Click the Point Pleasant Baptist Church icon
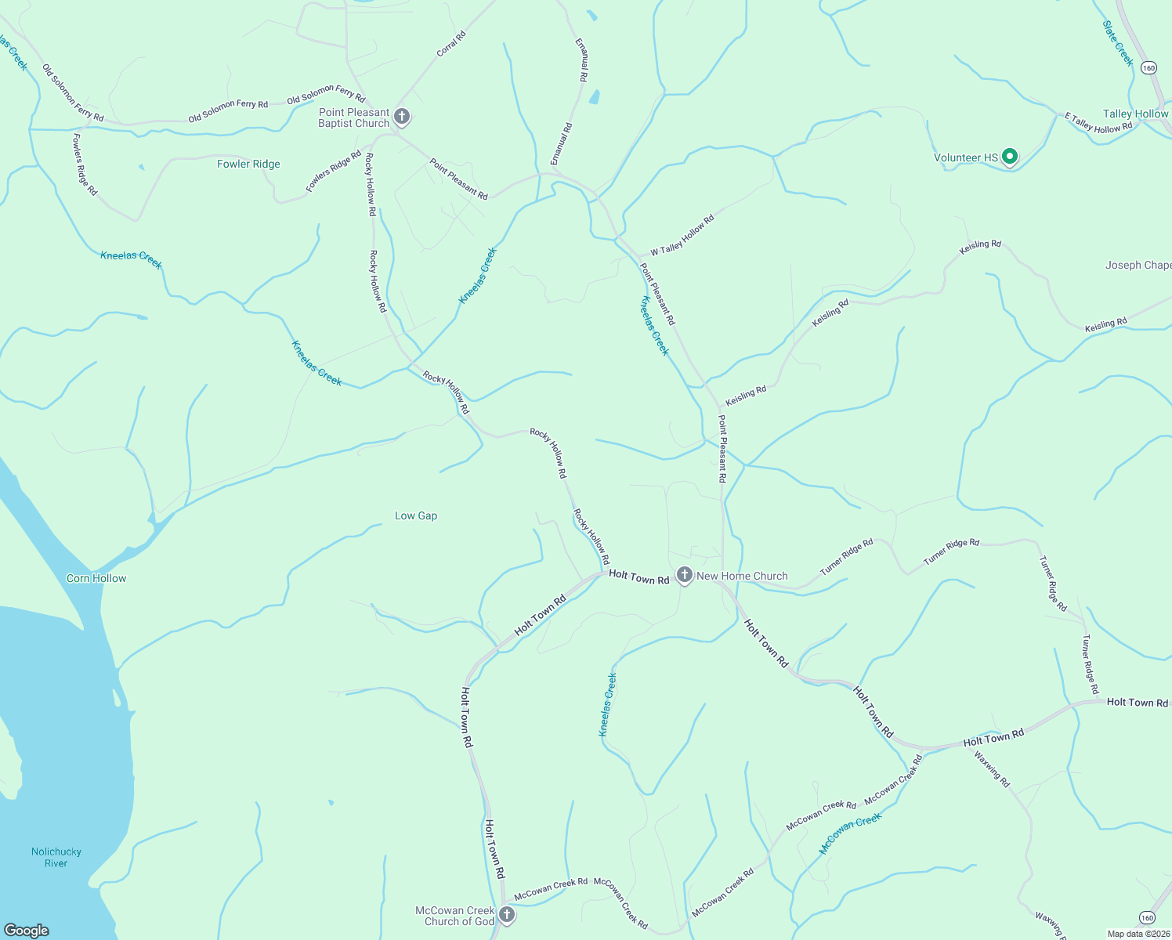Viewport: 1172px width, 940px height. [401, 117]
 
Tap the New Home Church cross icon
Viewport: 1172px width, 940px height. [684, 576]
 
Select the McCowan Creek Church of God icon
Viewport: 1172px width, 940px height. [507, 915]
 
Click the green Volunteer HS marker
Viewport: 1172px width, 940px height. [1010, 157]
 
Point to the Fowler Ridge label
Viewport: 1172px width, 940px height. [248, 164]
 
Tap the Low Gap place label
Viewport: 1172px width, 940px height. [416, 515]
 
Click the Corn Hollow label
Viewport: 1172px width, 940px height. [96, 578]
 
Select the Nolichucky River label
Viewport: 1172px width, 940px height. [56, 857]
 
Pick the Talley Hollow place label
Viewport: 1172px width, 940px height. [1135, 114]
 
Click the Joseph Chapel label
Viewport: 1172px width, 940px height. [1138, 265]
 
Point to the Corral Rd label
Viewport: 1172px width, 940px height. [451, 43]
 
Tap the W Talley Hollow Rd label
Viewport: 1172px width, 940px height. [682, 234]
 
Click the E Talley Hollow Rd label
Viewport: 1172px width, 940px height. [1098, 123]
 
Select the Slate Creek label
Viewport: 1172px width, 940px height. [1118, 43]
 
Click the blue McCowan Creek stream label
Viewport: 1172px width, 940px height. [850, 833]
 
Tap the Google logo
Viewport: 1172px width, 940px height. [26, 931]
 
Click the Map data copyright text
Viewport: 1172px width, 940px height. [1138, 934]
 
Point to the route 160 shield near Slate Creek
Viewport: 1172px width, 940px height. [1148, 68]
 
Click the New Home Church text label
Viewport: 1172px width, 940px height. [742, 576]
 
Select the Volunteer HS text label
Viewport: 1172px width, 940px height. [966, 157]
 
